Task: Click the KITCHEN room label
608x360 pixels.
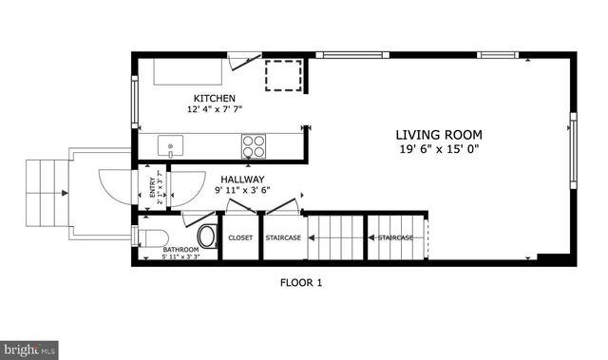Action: tap(215, 99)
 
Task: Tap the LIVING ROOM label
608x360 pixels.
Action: tap(439, 135)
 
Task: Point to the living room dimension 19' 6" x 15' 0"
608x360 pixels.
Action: tap(439, 149)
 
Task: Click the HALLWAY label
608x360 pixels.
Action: tap(243, 179)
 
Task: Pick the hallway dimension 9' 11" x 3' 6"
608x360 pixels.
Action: tap(243, 190)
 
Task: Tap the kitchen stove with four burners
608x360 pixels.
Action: tap(255, 146)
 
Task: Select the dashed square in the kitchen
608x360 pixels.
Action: tap(283, 76)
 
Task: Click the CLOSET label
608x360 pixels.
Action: tap(240, 237)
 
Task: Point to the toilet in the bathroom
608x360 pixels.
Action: tap(205, 235)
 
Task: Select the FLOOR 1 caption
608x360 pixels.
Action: tap(302, 282)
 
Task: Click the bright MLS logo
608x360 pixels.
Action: tap(30, 350)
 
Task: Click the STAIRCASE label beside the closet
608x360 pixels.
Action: tap(283, 237)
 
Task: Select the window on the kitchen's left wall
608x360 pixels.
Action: tap(134, 97)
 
